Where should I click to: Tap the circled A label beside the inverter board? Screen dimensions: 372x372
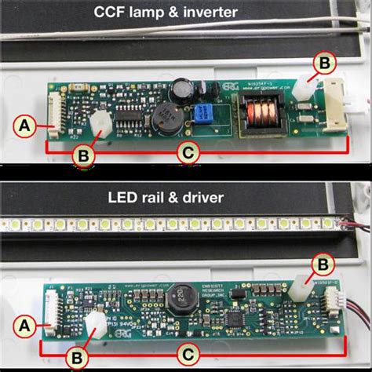(24, 125)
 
